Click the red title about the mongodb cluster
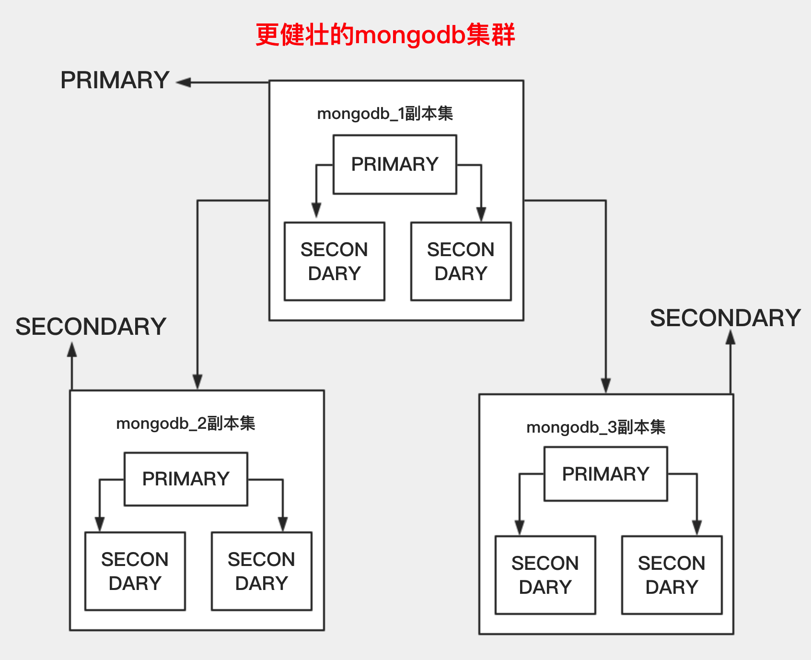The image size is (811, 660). click(x=385, y=35)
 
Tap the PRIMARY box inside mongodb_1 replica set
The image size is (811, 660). click(x=395, y=165)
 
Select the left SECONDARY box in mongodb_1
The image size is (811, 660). click(x=335, y=261)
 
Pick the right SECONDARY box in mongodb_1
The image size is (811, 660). click(x=461, y=261)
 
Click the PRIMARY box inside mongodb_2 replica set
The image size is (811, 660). click(x=186, y=479)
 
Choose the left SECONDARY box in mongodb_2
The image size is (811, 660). click(x=135, y=571)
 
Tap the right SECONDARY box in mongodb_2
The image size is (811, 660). click(x=262, y=571)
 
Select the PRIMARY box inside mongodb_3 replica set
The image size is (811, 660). click(x=606, y=474)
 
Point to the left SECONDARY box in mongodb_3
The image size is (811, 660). click(x=545, y=575)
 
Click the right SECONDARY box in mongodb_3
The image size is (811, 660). click(x=672, y=575)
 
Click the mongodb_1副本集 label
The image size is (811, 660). click(x=385, y=114)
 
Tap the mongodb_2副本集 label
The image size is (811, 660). click(x=185, y=424)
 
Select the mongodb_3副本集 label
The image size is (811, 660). click(x=596, y=427)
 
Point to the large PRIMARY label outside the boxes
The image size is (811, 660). click(x=115, y=80)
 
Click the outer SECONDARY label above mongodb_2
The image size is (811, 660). click(x=91, y=327)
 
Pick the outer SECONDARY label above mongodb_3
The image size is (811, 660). click(x=725, y=318)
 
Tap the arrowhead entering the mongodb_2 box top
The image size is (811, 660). click(x=197, y=382)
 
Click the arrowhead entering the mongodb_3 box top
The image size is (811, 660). click(x=606, y=386)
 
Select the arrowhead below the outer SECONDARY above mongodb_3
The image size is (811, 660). click(x=730, y=338)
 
